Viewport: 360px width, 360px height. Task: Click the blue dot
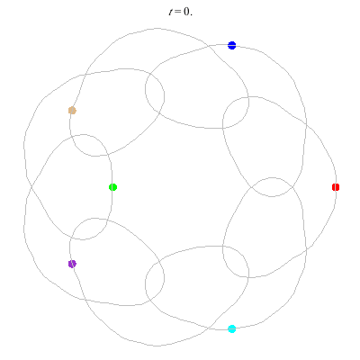pos(231,45)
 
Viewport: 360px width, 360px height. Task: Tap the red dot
pos(336,187)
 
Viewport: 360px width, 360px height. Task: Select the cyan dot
pos(231,328)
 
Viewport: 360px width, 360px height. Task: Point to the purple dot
pos(72,264)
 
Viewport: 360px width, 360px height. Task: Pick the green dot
pos(112,187)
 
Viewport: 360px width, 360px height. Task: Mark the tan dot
pos(72,111)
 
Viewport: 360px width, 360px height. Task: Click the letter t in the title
pos(170,12)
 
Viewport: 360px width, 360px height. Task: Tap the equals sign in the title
pos(177,12)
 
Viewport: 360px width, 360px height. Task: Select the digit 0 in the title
pos(186,12)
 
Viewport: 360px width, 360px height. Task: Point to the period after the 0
pos(191,14)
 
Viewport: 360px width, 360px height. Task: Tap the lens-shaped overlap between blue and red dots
pos(236,112)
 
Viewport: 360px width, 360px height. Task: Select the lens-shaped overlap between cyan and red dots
pos(236,262)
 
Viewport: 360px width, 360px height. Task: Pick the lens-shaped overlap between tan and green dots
pos(89,145)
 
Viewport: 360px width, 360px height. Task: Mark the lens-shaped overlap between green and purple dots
pos(89,229)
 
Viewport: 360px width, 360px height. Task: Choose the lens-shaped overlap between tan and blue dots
pos(155,89)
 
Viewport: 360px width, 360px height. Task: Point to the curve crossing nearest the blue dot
pos(209,47)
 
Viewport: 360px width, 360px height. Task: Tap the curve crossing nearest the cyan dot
pos(209,328)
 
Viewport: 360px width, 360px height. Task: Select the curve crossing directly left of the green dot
pos(31,187)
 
